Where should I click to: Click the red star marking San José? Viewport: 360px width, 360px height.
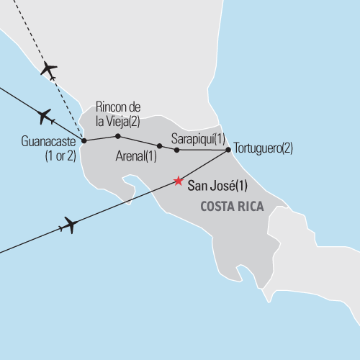(x=178, y=181)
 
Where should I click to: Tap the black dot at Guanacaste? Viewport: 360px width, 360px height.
(x=84, y=140)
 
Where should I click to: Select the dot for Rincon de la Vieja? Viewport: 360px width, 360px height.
(x=117, y=136)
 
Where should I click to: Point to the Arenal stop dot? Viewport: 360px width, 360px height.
(x=159, y=145)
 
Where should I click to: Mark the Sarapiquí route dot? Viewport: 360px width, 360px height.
(x=176, y=150)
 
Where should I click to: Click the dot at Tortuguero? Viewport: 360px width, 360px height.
(x=228, y=150)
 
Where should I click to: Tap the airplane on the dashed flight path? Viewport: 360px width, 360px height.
(x=49, y=70)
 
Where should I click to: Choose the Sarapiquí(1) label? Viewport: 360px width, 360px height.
(x=198, y=138)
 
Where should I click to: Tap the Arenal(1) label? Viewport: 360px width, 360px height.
(x=135, y=156)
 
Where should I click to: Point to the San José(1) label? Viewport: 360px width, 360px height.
(x=217, y=186)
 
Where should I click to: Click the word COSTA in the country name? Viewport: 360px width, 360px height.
(x=219, y=207)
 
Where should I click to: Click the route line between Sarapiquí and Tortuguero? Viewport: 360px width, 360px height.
(x=202, y=150)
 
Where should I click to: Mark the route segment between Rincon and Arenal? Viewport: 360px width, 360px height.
(x=138, y=140)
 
